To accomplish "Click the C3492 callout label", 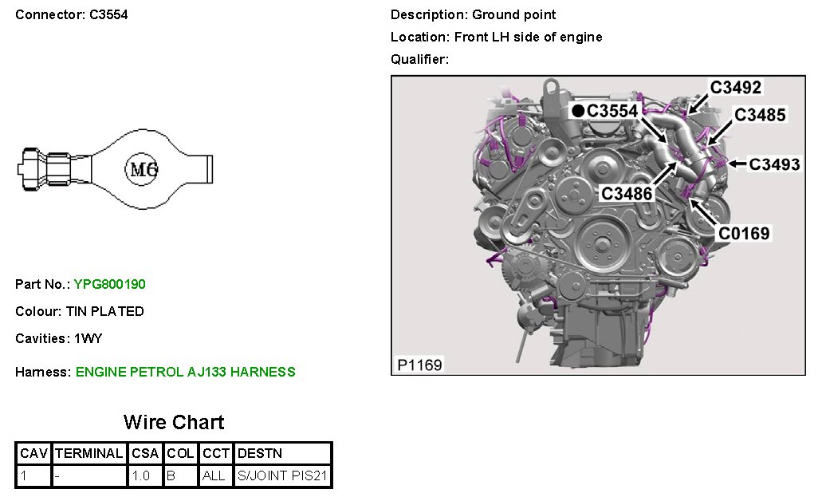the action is pos(736,87).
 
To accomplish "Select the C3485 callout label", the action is pos(760,115).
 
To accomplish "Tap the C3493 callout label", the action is pos(774,164).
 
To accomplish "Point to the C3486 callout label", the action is pos(627,194).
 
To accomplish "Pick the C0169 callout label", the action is pos(744,233).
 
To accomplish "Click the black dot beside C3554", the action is pos(577,111).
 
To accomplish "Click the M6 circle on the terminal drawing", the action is pos(141,169).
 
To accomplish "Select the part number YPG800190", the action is pos(109,285).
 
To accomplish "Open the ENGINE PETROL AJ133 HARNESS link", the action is pos(186,372).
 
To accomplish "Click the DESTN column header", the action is pos(260,453).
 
